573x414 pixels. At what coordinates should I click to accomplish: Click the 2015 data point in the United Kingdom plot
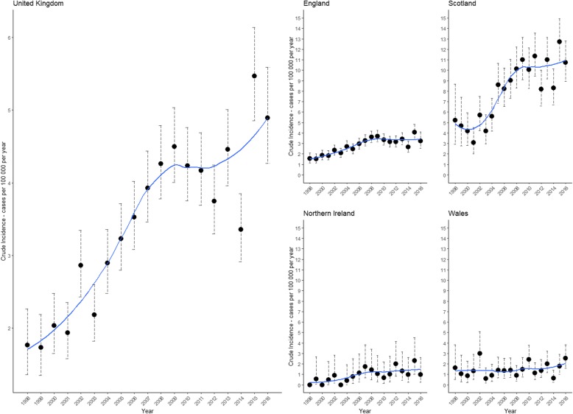click(254, 76)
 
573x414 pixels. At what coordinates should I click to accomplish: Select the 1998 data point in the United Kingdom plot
click(27, 345)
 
